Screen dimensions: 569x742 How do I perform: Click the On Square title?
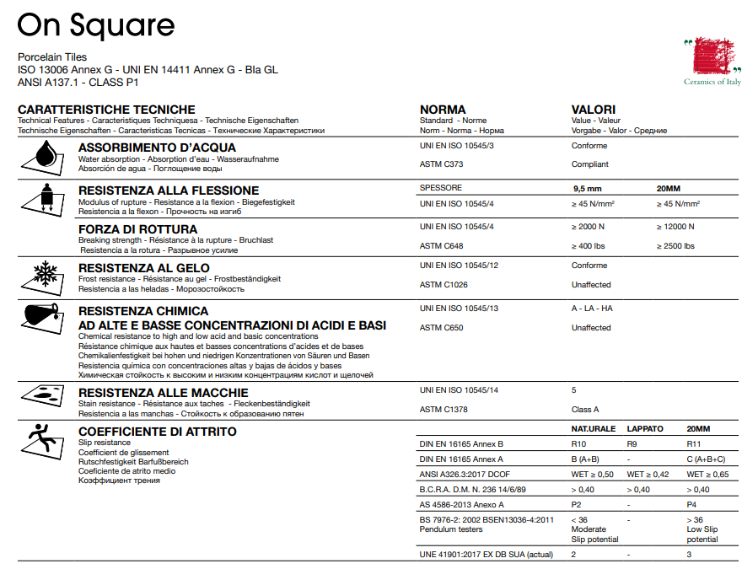pos(96,25)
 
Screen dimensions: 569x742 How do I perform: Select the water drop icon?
pos(44,157)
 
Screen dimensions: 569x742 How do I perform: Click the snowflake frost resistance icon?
pos(43,276)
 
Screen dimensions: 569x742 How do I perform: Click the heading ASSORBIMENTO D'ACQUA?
pos(157,148)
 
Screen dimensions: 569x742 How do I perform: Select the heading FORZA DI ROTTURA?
pos(137,229)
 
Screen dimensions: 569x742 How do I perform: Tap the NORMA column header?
pos(443,110)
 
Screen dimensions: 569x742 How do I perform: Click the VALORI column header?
pos(593,110)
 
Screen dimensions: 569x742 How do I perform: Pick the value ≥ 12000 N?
pos(675,227)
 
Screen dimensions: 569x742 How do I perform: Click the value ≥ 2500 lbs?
pos(675,246)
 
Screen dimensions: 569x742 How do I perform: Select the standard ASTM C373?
pos(442,164)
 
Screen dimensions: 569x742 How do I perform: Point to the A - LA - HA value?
pos(592,309)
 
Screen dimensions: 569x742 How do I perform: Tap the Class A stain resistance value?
pos(585,410)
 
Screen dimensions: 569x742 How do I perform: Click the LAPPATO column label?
pos(646,429)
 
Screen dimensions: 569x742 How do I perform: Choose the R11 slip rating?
pos(694,443)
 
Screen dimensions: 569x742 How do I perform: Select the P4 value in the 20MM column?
pos(692,504)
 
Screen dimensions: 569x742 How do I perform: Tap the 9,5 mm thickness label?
pos(586,188)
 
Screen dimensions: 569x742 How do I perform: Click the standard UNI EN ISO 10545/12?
pos(460,266)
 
